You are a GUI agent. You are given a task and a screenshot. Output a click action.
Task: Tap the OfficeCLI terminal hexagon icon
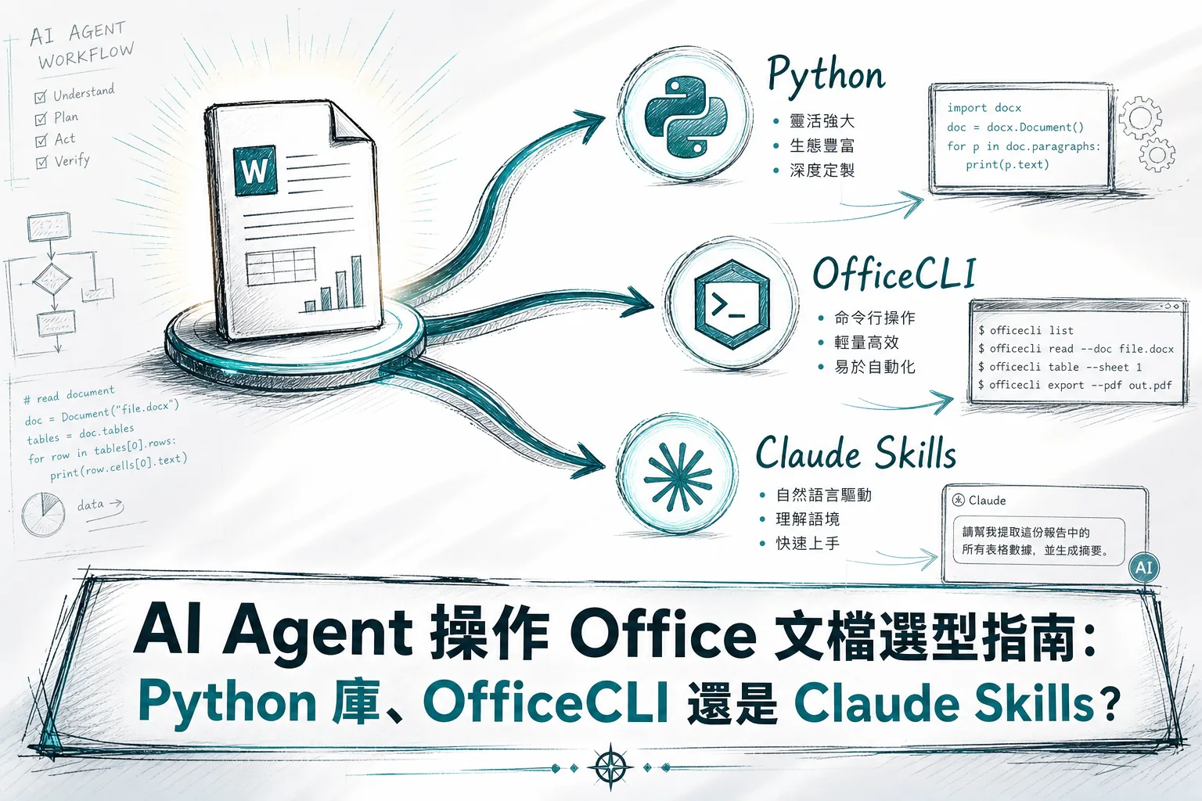[x=732, y=304]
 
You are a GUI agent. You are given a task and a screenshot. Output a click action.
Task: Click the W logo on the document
[x=255, y=170]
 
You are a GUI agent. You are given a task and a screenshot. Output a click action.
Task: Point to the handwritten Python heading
[x=826, y=76]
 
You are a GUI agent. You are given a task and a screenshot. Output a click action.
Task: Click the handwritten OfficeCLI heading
[x=894, y=274]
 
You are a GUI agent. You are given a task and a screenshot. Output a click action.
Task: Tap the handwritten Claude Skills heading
[x=856, y=454]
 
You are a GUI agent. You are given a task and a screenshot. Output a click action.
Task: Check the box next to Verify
[x=41, y=163]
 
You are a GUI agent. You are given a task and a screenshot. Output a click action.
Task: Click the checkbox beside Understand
[x=40, y=97]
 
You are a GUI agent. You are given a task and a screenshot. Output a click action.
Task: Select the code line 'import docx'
[x=984, y=108]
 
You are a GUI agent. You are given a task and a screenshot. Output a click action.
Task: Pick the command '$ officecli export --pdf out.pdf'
[x=1074, y=385]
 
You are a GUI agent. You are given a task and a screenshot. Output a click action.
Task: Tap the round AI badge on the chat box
[x=1143, y=568]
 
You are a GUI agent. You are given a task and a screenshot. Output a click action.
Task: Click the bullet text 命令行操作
[x=875, y=318]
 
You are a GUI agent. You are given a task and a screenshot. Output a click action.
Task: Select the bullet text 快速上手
[x=808, y=544]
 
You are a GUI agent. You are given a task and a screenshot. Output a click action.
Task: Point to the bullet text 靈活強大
[x=822, y=121]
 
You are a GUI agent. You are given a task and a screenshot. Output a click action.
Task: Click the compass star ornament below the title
[x=610, y=767]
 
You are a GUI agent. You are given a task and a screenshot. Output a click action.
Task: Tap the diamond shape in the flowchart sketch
[x=52, y=280]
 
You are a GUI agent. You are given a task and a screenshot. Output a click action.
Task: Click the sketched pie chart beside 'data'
[x=43, y=515]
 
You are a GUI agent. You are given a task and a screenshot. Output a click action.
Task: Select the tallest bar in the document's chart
[x=357, y=282]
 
